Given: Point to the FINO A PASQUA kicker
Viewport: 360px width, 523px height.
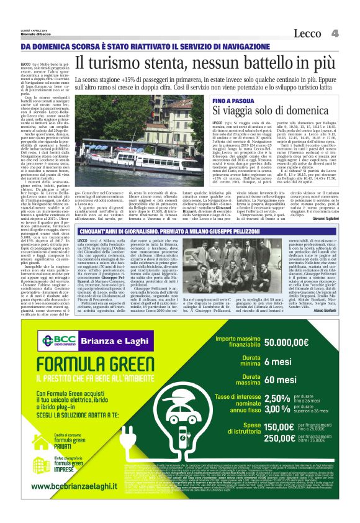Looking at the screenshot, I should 232,99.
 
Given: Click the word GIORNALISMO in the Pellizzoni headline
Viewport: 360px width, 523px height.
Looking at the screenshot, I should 125,229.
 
